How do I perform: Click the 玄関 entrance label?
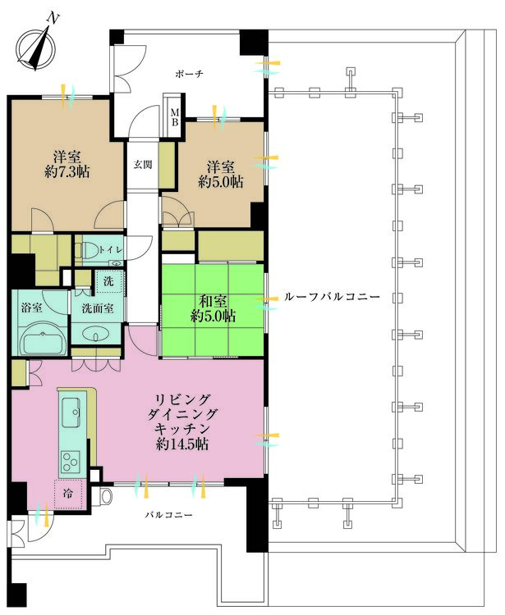143,164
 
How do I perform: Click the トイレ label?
110,249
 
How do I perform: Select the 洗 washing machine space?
108,280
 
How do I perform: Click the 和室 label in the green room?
213,299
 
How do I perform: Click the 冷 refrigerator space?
70,494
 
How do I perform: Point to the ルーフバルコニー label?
331,297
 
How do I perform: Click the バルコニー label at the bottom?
169,515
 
